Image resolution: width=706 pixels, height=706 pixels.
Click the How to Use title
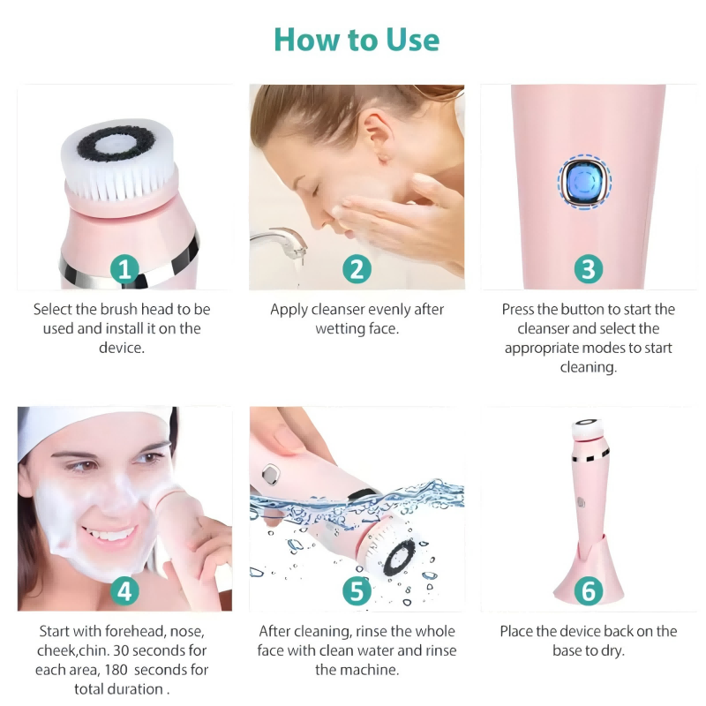coord(356,40)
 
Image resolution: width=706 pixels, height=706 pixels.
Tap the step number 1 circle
coord(124,268)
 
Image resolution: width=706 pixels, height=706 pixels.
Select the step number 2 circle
coord(357,268)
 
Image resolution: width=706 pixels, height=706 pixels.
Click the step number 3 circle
coord(588,268)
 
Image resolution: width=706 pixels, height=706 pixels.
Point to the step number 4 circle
coord(124,590)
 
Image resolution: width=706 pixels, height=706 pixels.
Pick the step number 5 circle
coord(357,590)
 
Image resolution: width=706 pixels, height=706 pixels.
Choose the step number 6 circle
coord(588,590)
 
